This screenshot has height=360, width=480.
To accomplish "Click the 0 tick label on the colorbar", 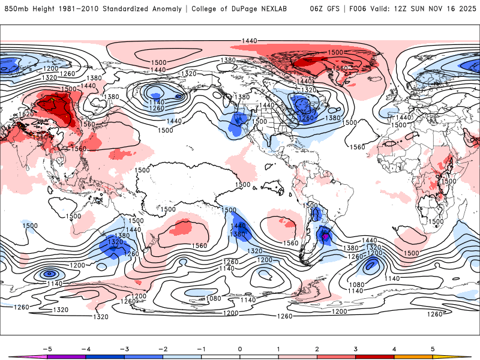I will [x=239, y=349].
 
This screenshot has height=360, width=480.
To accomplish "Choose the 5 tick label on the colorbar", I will [x=433, y=349].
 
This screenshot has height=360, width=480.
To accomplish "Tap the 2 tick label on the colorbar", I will [x=317, y=349].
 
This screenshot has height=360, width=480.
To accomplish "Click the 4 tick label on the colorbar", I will [x=394, y=349].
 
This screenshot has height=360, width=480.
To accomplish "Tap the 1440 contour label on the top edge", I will [x=250, y=40].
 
